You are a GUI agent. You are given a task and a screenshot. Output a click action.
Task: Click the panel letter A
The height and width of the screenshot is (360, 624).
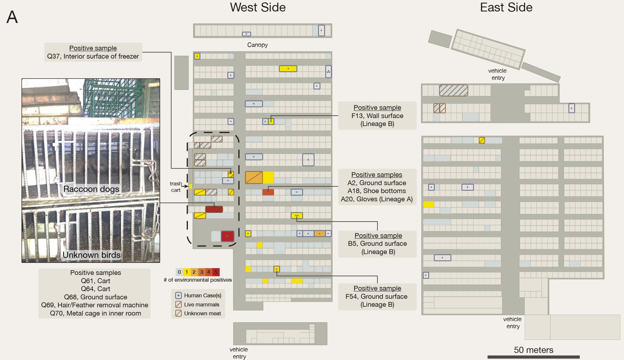[x=12, y=17]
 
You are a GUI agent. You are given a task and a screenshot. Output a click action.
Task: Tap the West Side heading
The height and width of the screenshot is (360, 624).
[x=258, y=7]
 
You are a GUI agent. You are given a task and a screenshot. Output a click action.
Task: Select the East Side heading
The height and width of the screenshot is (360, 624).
[x=506, y=7]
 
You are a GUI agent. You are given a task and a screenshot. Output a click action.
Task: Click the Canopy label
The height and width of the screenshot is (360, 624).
[x=257, y=45]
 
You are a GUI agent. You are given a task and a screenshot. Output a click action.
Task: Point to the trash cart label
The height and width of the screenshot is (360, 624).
[x=176, y=187]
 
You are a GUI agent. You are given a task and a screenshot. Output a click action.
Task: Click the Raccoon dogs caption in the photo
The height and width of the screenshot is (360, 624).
[x=91, y=189]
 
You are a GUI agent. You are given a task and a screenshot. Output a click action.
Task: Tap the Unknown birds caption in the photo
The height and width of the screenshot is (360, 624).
[x=92, y=255]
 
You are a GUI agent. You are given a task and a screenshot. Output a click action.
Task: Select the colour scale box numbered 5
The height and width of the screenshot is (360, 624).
[x=216, y=272]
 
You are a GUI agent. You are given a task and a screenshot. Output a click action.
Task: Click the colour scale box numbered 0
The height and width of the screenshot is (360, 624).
[x=179, y=272]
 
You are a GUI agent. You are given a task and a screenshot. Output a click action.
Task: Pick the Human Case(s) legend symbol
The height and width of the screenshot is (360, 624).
[x=178, y=295]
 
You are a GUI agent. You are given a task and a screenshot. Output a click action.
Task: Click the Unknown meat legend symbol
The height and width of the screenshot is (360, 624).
[x=178, y=313]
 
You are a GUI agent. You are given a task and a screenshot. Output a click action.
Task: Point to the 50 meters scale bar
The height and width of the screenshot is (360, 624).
[x=533, y=357]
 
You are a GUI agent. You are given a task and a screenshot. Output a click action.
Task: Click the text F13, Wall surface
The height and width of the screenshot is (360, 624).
[x=377, y=116]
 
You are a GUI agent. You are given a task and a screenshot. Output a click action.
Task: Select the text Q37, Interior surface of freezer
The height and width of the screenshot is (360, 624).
[x=93, y=56]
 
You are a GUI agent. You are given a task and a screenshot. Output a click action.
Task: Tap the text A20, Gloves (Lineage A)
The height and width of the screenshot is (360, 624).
[x=377, y=199]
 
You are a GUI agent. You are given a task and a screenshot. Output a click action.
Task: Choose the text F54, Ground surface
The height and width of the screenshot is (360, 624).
[x=376, y=296]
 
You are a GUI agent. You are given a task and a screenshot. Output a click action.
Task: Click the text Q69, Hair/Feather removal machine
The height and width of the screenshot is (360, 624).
[x=95, y=305]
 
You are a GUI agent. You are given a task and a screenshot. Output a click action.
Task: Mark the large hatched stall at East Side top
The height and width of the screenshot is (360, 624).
[x=453, y=90]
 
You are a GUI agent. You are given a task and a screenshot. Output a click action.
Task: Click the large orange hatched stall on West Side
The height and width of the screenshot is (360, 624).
[x=254, y=177]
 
